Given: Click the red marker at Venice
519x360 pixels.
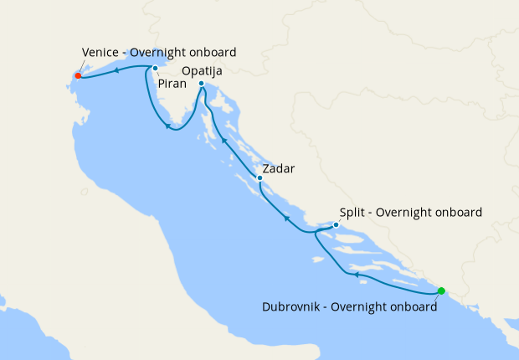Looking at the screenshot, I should (78, 75).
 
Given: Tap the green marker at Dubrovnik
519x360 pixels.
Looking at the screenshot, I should (441, 291).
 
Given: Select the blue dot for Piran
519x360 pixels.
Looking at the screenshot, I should (155, 69).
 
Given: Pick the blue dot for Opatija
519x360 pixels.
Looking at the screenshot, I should (202, 84).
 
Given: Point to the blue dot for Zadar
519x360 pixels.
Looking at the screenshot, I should (259, 177).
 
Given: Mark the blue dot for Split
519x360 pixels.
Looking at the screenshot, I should (336, 224).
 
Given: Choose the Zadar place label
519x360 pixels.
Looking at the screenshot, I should (280, 167).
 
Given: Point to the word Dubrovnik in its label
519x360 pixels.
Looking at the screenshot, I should (292, 307).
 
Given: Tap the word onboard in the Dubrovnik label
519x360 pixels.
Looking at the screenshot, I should (411, 307).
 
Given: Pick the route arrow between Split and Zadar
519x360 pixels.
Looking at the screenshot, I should (286, 219).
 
